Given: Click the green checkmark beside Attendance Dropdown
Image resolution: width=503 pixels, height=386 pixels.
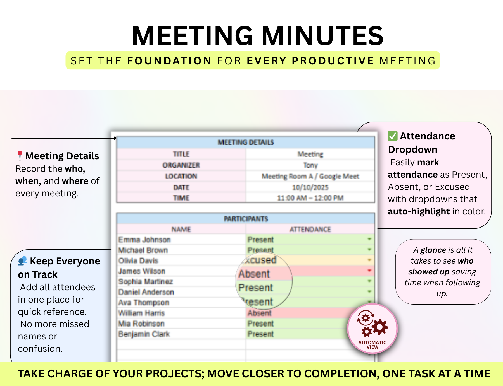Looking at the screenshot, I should [393, 136].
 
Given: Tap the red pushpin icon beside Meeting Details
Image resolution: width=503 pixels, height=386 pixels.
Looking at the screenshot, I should [20, 155].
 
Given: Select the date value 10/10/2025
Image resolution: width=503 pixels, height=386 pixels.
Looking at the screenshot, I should [310, 187].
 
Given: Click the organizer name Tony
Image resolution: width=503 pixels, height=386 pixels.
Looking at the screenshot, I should [310, 165].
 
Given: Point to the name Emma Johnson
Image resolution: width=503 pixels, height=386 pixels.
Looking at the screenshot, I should [144, 240].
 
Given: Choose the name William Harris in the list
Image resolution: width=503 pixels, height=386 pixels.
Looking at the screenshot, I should [141, 313].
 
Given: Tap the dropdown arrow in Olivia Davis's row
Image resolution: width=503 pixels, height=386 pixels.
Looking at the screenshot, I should [369, 260].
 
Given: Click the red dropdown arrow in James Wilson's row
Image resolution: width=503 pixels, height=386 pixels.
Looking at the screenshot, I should [369, 271].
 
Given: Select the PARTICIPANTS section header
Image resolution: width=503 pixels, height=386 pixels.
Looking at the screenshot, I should [246, 219].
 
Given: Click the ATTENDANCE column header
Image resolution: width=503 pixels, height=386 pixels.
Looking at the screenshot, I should [310, 230].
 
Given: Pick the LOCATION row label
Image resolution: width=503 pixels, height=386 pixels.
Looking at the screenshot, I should [181, 177].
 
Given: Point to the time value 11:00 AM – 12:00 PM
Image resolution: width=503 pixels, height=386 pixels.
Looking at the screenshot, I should [310, 198].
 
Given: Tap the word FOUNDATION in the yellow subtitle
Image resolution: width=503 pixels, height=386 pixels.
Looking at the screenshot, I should [169, 61].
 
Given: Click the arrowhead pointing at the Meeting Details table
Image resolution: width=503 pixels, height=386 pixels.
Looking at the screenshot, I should [115, 138].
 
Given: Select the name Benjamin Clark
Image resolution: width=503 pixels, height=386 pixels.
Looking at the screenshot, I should [144, 334].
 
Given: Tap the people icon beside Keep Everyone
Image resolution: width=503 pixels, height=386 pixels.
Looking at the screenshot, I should [22, 261].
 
